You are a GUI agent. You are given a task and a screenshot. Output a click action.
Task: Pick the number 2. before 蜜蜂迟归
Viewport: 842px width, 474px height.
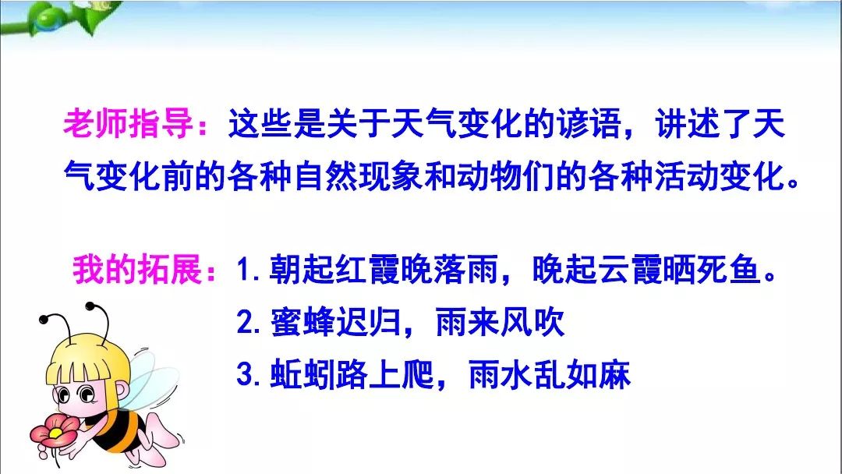[x=251, y=323]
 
